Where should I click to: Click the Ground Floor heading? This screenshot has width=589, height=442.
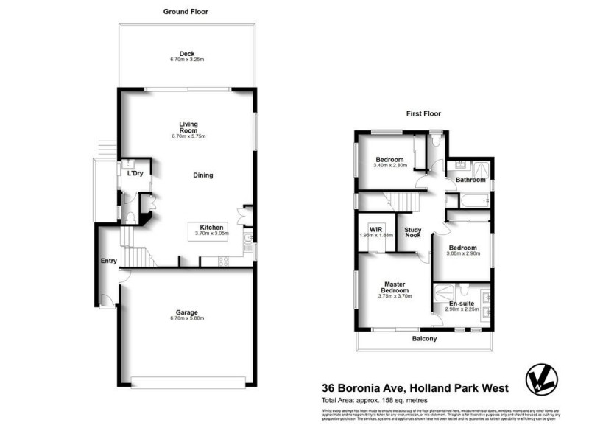point(186,12)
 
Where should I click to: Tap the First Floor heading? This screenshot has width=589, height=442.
point(424,114)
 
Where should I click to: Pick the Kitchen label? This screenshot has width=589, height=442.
point(211,227)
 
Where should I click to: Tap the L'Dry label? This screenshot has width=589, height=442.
point(135,174)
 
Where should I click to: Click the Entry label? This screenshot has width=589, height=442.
point(109,261)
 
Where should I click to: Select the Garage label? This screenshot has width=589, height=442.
point(187,311)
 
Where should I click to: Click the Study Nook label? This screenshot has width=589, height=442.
point(413,233)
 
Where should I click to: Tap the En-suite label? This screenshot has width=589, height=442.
point(463,304)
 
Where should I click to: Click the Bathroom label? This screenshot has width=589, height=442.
point(470,180)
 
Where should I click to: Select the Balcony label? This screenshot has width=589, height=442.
point(424,339)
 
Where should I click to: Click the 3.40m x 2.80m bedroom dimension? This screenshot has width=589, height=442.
point(389,166)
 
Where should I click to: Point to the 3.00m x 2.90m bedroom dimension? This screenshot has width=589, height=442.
point(462,253)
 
